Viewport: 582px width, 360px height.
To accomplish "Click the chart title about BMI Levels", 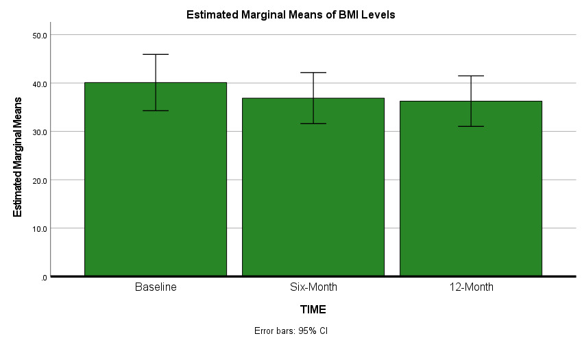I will click(291, 14).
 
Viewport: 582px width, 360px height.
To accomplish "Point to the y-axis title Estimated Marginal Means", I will click(19, 157).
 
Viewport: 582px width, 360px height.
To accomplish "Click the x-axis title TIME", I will click(313, 309).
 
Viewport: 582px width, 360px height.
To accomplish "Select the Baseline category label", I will click(156, 287).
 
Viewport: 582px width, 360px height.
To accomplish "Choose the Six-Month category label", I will click(313, 287).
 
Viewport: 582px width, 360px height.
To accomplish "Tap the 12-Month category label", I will click(470, 287).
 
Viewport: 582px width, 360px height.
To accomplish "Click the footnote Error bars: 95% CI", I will click(291, 331).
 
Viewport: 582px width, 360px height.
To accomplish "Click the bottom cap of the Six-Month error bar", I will click(313, 123).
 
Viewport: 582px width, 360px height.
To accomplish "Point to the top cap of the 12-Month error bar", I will click(470, 75).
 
